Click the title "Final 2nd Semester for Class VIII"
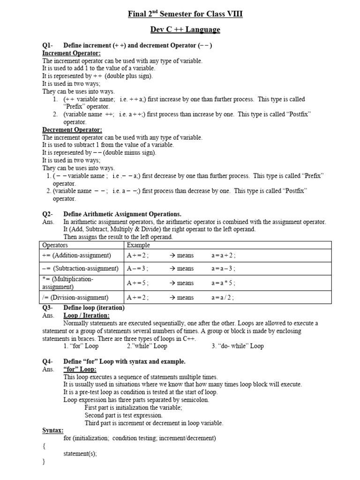coord(185,15)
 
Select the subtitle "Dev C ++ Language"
coord(185,30)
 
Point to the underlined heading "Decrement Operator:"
coord(72,130)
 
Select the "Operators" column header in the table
coord(55,245)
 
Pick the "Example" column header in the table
coord(138,245)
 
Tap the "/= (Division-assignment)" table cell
coord(75,298)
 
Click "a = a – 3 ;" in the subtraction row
coord(223,269)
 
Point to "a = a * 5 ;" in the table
coord(223,283)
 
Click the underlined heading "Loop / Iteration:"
coord(86,315)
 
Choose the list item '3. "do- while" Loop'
coord(238,346)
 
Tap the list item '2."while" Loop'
coord(147,346)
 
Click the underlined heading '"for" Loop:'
coord(80,369)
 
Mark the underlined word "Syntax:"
coord(53,430)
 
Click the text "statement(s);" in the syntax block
coord(80,454)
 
